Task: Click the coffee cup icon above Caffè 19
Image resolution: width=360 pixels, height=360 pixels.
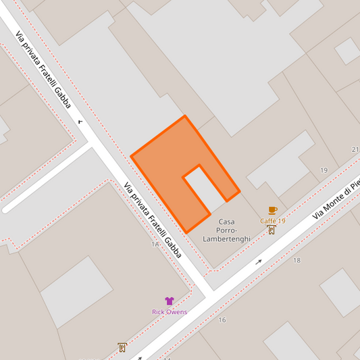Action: pyautogui.click(x=272, y=211)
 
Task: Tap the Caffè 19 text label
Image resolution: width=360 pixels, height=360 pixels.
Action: pyautogui.click(x=273, y=221)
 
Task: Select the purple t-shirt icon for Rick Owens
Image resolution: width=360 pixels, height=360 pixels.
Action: pyautogui.click(x=169, y=301)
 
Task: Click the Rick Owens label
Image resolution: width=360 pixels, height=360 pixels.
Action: pyautogui.click(x=170, y=312)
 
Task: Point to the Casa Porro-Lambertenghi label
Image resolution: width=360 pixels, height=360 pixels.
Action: pyautogui.click(x=226, y=230)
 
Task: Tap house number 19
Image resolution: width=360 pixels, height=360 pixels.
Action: pyautogui.click(x=324, y=170)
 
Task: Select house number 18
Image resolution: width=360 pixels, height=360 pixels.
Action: pyautogui.click(x=296, y=260)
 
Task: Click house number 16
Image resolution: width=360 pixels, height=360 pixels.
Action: pyautogui.click(x=222, y=320)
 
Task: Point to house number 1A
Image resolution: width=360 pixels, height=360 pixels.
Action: pyautogui.click(x=155, y=244)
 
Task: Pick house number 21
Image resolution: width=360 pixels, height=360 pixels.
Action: pyautogui.click(x=355, y=149)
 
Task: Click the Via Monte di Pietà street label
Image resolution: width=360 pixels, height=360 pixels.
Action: pyautogui.click(x=336, y=199)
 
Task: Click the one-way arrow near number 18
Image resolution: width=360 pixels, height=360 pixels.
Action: pyautogui.click(x=259, y=261)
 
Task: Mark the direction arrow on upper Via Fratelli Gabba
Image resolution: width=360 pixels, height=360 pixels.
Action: pyautogui.click(x=80, y=122)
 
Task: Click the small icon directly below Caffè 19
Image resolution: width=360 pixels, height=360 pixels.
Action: pyautogui.click(x=272, y=230)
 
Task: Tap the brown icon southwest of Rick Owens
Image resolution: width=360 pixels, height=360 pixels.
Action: pyautogui.click(x=122, y=348)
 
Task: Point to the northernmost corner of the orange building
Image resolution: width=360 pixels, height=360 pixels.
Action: pyautogui.click(x=185, y=116)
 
